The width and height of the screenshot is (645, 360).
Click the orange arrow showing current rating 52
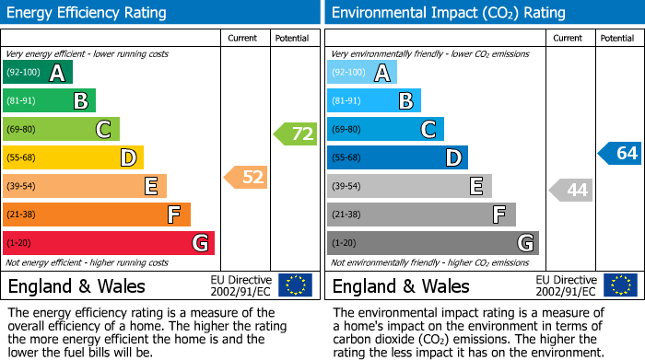tap(246, 177)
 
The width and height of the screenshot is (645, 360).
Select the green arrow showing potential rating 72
tap(295, 134)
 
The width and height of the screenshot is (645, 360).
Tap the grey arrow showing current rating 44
tap(570, 191)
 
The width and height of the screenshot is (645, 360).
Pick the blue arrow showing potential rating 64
tap(619, 153)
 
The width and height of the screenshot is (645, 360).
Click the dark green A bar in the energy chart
tap(38, 73)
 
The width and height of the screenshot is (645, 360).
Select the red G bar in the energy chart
tap(109, 243)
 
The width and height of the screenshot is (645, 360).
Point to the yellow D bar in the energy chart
tap(74, 157)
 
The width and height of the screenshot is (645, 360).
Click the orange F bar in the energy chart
tap(97, 215)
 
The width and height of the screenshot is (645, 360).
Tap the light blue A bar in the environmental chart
tap(362, 73)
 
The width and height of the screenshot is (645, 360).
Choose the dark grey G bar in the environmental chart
tap(433, 243)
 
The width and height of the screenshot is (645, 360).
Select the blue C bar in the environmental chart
tap(385, 129)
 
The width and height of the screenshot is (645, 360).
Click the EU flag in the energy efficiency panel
tap(295, 285)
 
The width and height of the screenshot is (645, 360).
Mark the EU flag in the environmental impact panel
tap(619, 285)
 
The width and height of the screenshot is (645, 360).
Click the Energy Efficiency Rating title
tap(88, 13)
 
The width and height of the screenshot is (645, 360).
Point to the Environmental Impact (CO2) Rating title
tap(448, 13)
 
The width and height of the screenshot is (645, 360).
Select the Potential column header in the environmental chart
tap(617, 38)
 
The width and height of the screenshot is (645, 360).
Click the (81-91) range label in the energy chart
tap(22, 101)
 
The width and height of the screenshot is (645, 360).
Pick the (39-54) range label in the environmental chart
tap(346, 186)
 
